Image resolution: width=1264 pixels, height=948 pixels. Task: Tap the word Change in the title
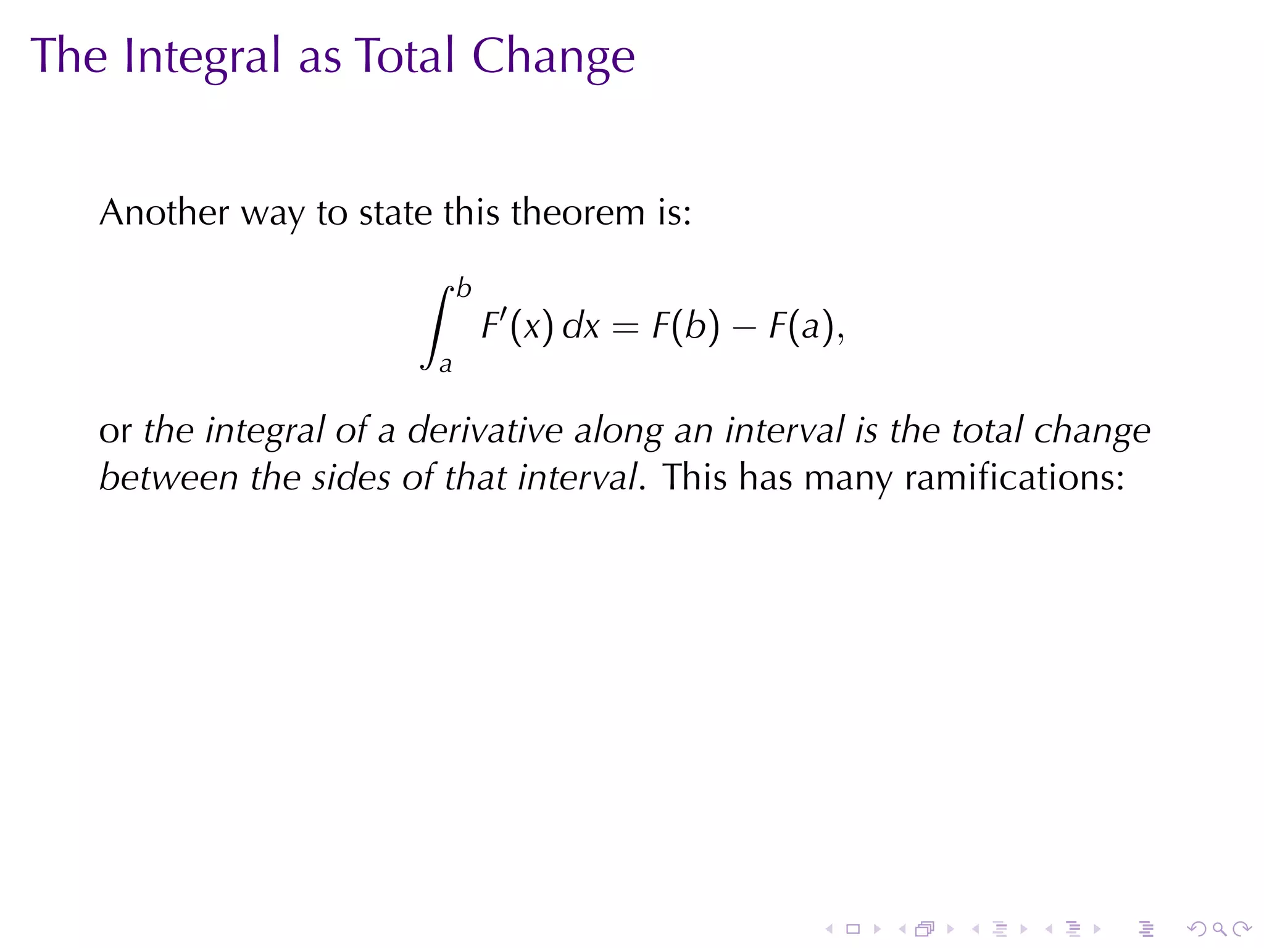click(x=553, y=57)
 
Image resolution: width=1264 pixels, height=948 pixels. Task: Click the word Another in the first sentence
click(x=164, y=212)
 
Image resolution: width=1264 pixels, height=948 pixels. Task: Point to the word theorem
click(x=578, y=212)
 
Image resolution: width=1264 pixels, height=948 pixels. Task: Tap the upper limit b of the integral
click(x=464, y=289)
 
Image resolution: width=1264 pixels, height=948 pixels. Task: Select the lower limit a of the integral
click(x=445, y=365)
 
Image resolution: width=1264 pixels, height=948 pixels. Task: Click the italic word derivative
click(x=485, y=430)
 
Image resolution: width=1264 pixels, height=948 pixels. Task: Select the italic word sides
click(x=351, y=478)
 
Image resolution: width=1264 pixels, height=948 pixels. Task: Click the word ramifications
click(x=1015, y=478)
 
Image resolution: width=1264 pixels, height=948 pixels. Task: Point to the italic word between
click(x=168, y=478)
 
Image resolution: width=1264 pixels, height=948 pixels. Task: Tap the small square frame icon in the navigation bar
click(x=853, y=929)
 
